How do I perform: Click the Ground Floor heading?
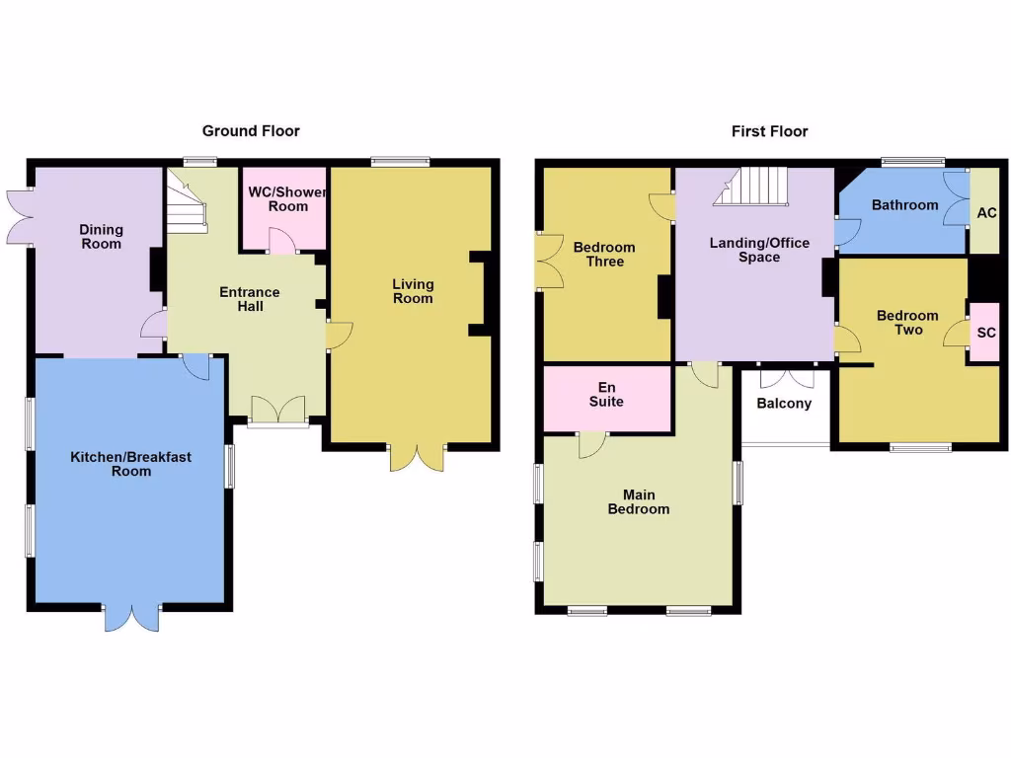pyautogui.click(x=251, y=130)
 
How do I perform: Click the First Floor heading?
pyautogui.click(x=769, y=130)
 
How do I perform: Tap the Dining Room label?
pyautogui.click(x=101, y=237)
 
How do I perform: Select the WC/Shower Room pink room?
pyautogui.click(x=285, y=208)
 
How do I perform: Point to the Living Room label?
pyautogui.click(x=413, y=291)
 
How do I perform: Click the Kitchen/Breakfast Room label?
pyautogui.click(x=130, y=464)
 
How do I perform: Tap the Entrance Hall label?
pyautogui.click(x=249, y=299)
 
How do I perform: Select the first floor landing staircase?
pyautogui.click(x=754, y=186)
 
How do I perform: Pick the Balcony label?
pyautogui.click(x=784, y=403)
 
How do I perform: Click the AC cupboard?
pyautogui.click(x=985, y=212)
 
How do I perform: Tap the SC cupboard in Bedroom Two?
pyautogui.click(x=985, y=333)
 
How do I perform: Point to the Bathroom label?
pyautogui.click(x=904, y=205)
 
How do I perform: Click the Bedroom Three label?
pyautogui.click(x=604, y=255)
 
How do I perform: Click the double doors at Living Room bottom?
pyautogui.click(x=418, y=456)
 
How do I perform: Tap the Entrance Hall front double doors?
pyautogui.click(x=277, y=410)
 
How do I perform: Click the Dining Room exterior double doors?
pyautogui.click(x=20, y=215)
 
